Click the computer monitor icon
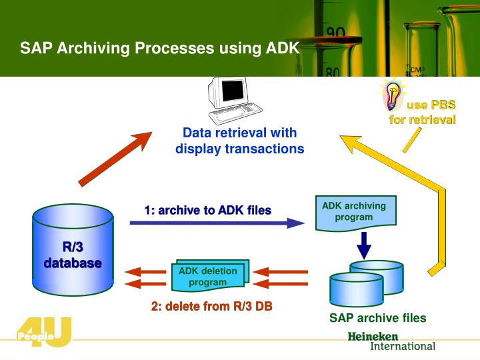[230, 100]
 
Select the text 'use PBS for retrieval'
[423, 112]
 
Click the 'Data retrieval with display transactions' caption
[239, 141]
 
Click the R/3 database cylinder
[73, 253]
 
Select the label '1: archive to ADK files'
[207, 211]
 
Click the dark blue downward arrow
[363, 245]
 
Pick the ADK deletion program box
[208, 276]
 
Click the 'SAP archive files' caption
[377, 318]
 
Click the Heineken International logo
[391, 341]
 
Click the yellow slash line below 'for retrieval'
[411, 141]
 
